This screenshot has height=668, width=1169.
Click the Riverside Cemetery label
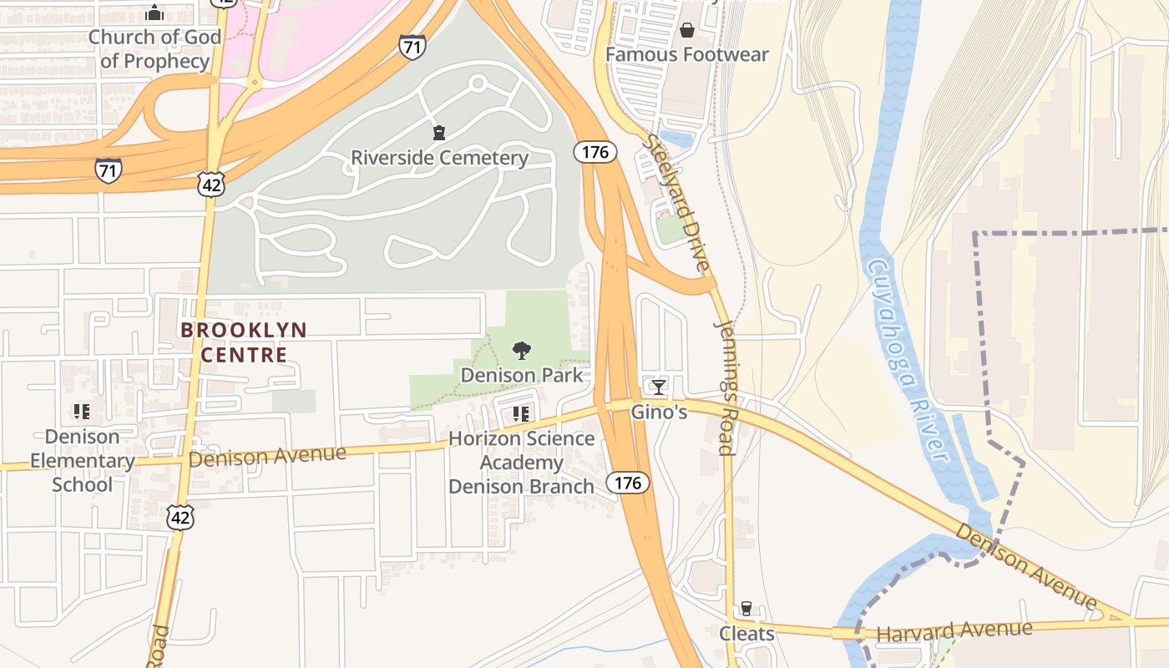tap(439, 158)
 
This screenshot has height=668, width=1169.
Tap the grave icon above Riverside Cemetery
tap(439, 133)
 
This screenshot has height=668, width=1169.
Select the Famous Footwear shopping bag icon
tap(686, 31)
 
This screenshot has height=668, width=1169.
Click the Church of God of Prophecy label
tap(154, 49)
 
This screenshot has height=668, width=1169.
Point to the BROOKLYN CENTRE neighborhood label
tap(244, 342)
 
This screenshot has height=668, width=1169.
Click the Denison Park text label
tap(522, 376)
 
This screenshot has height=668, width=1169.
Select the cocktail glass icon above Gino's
tap(658, 387)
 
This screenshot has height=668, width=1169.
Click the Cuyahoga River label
tap(908, 359)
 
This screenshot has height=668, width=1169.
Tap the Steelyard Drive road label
tap(677, 205)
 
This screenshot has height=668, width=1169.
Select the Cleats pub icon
tap(746, 610)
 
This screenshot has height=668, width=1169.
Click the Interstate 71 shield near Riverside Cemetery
tap(411, 46)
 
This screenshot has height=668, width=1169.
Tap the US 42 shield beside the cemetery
tap(211, 184)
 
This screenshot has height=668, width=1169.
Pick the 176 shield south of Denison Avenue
tap(628, 483)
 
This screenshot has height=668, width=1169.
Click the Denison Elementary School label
tap(82, 460)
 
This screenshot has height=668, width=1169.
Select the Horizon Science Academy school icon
tap(522, 413)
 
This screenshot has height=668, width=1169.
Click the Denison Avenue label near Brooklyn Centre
tap(267, 456)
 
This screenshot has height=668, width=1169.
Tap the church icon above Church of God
tap(154, 13)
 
